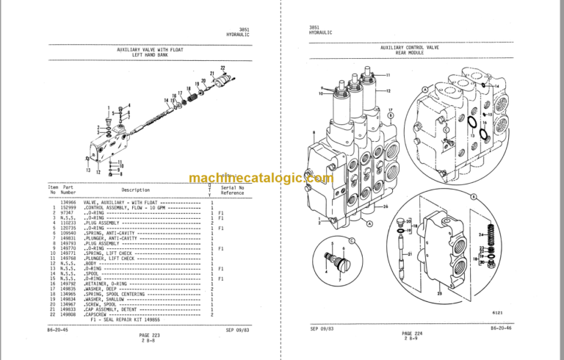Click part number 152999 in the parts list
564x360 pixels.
click(68, 208)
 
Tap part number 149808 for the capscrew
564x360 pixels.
click(68, 314)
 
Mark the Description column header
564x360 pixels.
click(135, 190)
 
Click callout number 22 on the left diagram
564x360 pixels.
click(223, 68)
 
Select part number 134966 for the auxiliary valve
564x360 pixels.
click(68, 203)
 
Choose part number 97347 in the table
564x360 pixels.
click(68, 213)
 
